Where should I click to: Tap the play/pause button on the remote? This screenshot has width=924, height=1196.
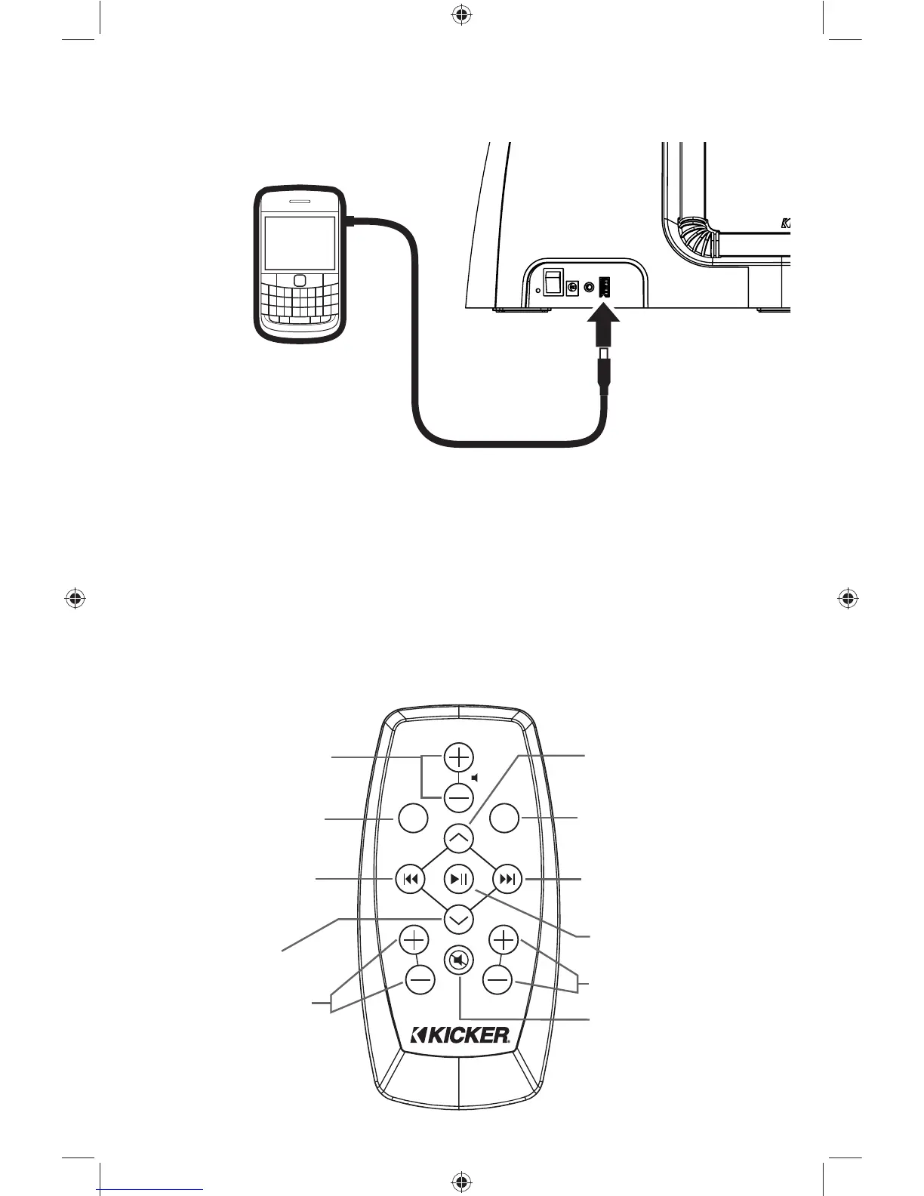point(459,879)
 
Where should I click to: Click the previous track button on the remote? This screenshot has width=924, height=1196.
point(409,879)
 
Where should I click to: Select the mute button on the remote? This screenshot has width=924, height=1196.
point(458,961)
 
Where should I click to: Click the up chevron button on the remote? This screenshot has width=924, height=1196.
point(458,837)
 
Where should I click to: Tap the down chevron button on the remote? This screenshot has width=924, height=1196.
point(458,920)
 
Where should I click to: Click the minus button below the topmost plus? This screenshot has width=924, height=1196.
point(458,797)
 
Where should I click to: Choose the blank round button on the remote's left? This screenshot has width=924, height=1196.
point(413,818)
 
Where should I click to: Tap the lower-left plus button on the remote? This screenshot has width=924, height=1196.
point(413,940)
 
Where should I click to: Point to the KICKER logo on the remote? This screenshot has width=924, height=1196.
point(461,1035)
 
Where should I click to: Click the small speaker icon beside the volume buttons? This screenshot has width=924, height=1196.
point(475,777)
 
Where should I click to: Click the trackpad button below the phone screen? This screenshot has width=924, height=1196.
point(300,280)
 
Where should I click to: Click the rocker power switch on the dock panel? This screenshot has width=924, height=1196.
point(554,282)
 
